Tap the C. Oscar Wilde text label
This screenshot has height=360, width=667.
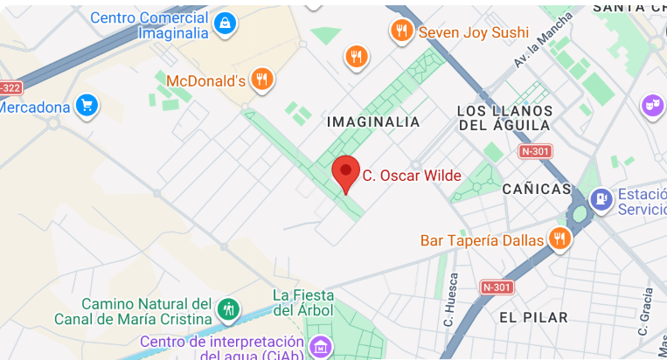click(x=412, y=176)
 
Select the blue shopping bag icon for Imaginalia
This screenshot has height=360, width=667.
click(x=225, y=23)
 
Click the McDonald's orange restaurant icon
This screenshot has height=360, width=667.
click(x=261, y=80)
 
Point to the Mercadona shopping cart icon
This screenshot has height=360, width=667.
click(x=86, y=107)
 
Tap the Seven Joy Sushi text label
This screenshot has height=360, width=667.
click(x=474, y=32)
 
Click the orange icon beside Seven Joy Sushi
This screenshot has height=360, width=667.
click(x=401, y=31)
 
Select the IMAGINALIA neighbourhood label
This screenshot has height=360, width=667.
click(x=373, y=122)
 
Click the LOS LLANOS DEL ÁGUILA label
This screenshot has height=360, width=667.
click(x=505, y=118)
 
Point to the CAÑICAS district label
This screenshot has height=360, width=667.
click(x=536, y=189)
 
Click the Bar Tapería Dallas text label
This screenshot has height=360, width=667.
click(x=482, y=240)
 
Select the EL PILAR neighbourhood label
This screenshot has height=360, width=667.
click(x=533, y=317)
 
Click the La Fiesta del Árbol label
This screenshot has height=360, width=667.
click(x=305, y=302)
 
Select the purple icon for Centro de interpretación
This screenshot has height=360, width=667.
click(x=321, y=347)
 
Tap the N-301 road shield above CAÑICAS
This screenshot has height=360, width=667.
click(x=536, y=151)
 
